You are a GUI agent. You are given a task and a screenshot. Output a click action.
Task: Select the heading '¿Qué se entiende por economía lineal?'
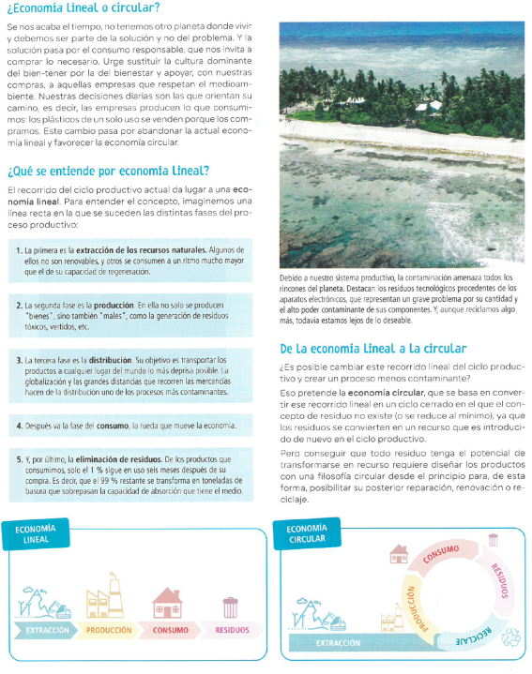[107, 172]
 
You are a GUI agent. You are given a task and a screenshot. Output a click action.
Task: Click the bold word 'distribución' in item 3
[115, 359]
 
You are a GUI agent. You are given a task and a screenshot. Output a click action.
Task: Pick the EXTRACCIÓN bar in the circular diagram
[338, 643]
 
